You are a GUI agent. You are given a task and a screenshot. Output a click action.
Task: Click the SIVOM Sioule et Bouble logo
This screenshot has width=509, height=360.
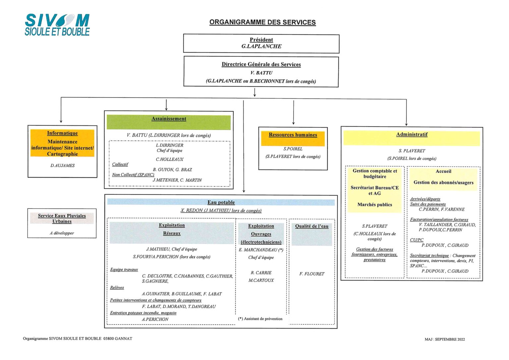click(x=57, y=25)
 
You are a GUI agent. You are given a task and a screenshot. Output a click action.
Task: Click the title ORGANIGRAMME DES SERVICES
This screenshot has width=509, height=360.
click(x=262, y=22)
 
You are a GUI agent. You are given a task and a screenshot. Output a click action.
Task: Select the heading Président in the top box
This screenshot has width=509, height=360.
click(x=261, y=40)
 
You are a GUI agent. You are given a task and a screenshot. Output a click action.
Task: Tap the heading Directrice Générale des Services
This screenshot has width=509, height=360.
click(x=261, y=64)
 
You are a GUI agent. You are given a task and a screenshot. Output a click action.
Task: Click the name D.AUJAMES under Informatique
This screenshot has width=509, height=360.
click(x=62, y=165)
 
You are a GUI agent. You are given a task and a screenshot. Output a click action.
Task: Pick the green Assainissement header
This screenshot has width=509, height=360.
click(x=169, y=119)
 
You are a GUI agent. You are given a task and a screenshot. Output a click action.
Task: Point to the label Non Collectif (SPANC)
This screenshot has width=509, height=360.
click(x=133, y=175)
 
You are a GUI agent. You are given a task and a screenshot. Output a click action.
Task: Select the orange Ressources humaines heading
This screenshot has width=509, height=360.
click(x=293, y=135)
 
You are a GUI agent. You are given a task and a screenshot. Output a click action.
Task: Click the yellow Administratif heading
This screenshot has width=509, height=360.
click(x=412, y=135)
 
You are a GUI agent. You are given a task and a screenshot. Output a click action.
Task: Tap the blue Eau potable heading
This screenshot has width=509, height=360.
click(x=221, y=202)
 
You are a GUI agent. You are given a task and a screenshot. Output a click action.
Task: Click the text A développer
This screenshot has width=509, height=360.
click(x=62, y=233)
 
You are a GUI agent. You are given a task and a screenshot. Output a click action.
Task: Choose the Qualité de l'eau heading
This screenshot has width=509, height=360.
click(x=311, y=226)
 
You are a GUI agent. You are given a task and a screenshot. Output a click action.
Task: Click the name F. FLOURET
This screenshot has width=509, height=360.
click(x=311, y=274)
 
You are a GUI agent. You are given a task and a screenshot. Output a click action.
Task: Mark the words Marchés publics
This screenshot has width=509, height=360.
click(x=374, y=205)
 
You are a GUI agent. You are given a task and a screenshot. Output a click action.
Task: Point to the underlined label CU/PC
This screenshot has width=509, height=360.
click(x=417, y=240)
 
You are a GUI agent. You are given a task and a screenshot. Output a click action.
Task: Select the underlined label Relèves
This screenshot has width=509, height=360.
click(x=117, y=287)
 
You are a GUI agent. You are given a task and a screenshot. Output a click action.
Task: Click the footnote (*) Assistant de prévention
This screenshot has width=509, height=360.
click(x=260, y=319)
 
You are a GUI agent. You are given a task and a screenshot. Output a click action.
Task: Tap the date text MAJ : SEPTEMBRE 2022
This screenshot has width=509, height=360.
click(x=444, y=339)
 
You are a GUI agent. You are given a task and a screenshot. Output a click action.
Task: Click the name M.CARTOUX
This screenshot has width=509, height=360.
click(x=261, y=280)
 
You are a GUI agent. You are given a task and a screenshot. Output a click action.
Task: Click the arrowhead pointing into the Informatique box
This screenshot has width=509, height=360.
click(x=61, y=121)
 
